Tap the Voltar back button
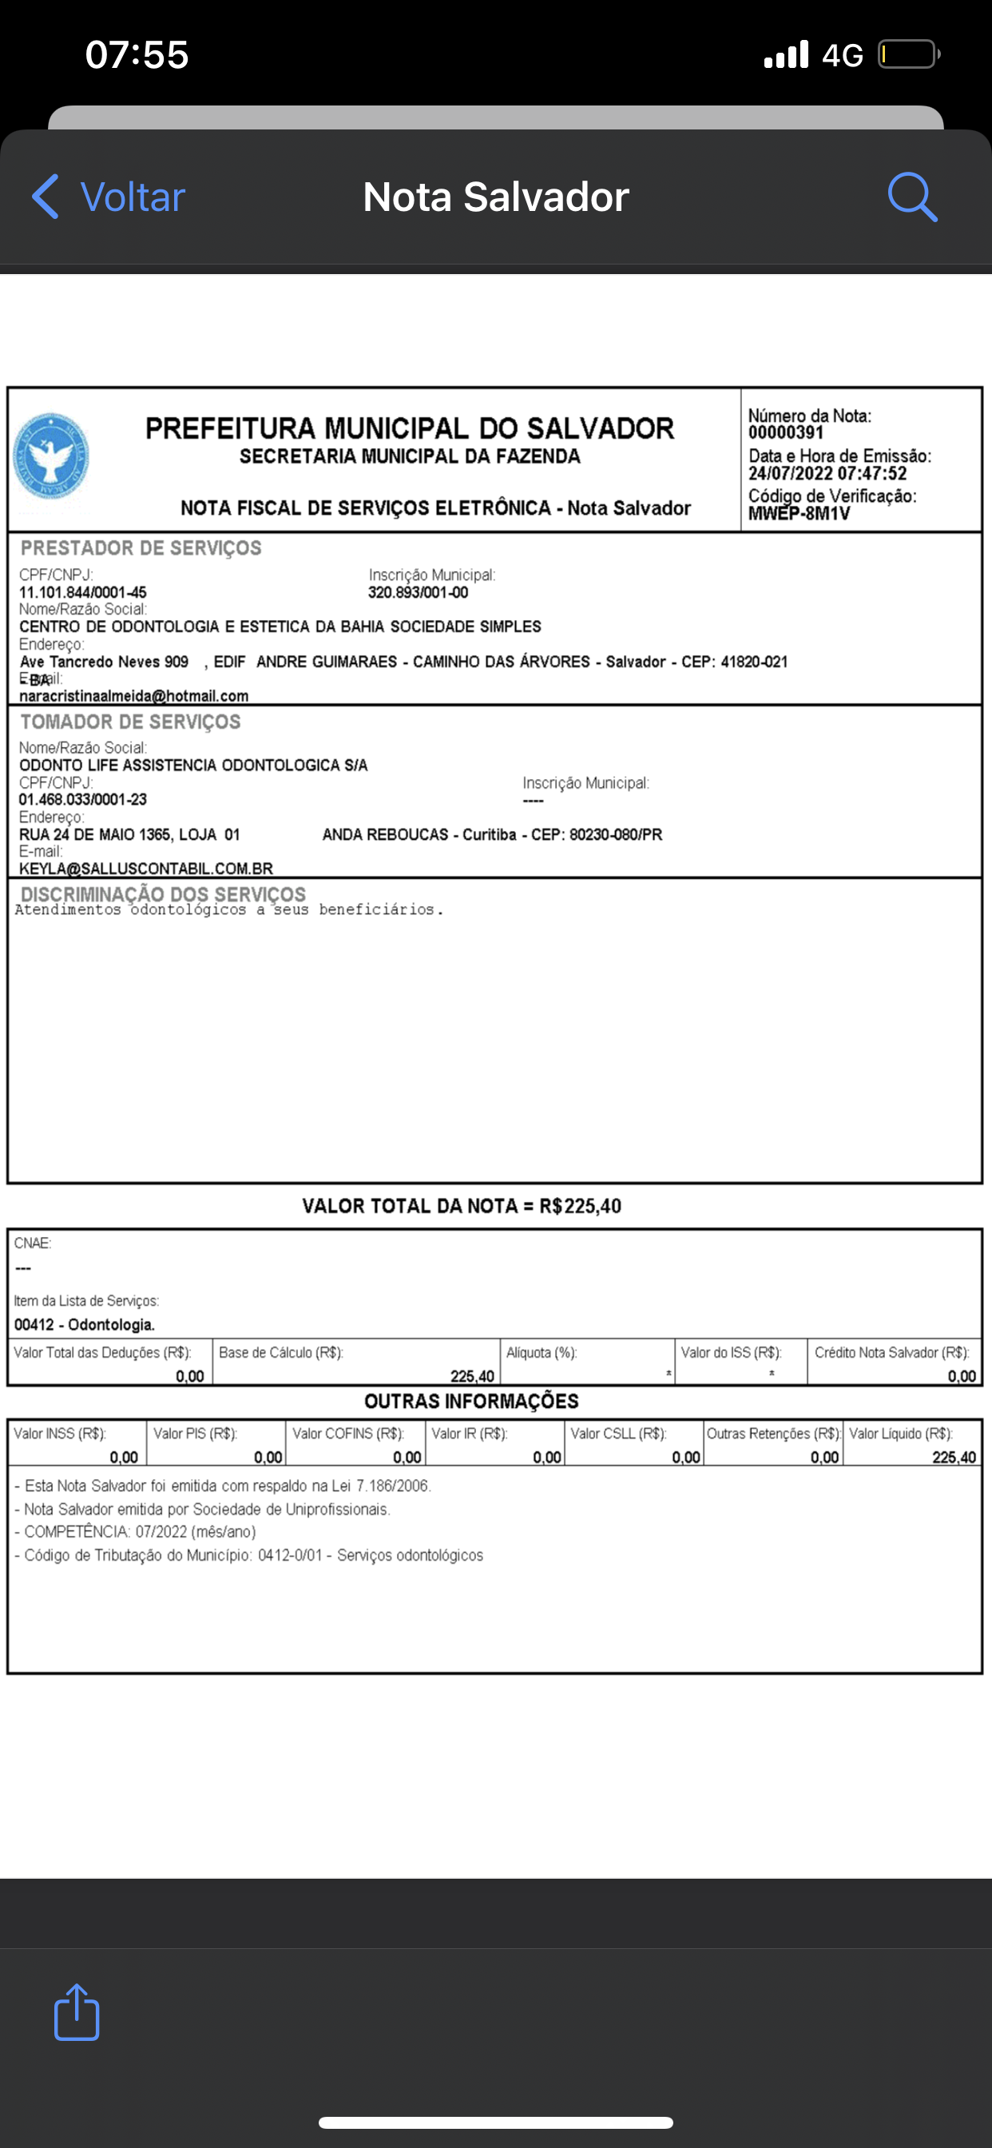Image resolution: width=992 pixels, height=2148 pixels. point(109,197)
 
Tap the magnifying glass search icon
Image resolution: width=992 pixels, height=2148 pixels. point(912,197)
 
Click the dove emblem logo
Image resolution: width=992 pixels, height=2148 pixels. point(52,456)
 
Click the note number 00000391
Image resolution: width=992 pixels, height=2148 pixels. point(785,432)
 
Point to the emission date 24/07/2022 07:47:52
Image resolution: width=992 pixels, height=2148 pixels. point(827,474)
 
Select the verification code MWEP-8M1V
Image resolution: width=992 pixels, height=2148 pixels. point(799,514)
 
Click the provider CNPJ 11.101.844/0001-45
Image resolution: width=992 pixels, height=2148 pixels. point(82,593)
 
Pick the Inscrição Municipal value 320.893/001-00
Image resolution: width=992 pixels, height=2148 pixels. point(418,593)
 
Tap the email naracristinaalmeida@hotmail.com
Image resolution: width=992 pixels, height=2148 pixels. point(133,696)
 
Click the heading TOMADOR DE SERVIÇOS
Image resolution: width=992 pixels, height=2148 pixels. point(130,722)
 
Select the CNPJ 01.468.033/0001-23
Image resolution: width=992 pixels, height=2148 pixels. point(82,800)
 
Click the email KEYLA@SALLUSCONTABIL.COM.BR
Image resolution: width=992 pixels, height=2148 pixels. point(146,869)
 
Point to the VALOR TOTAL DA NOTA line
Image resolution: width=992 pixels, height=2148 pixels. point(461,1206)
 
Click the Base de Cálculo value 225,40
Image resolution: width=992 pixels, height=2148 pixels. point(472,1376)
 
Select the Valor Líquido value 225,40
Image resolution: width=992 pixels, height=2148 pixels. point(954,1458)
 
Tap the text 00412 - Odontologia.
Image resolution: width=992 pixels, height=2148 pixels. point(84,1325)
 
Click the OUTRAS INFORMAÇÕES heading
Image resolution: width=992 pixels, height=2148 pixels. point(471,1401)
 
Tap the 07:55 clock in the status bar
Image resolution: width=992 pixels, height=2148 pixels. point(137,55)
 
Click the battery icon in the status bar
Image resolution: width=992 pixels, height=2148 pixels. point(908,55)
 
